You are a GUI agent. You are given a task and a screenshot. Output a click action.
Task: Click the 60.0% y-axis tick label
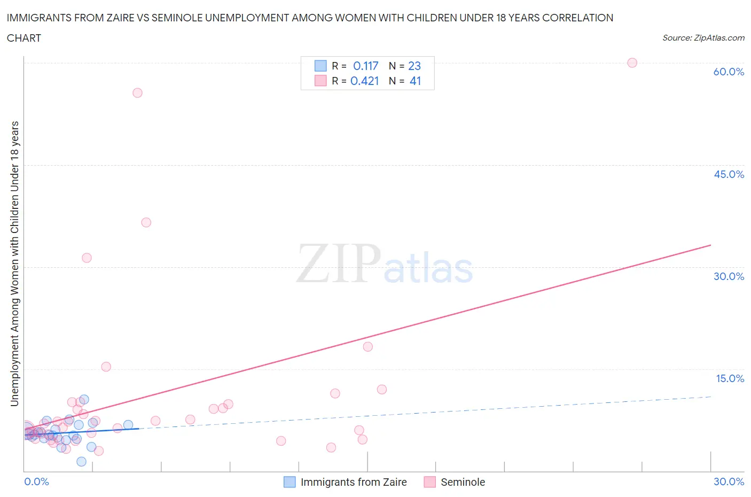click(x=729, y=72)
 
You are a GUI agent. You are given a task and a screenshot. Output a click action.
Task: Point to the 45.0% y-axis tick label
click(x=729, y=174)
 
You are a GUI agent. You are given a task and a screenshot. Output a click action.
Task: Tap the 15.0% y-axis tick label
click(x=730, y=378)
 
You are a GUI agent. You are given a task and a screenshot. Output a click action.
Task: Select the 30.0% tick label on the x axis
click(x=729, y=482)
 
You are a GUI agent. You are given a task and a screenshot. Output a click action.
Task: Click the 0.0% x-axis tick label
click(x=36, y=482)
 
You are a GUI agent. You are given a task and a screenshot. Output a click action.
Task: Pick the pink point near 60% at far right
click(x=632, y=63)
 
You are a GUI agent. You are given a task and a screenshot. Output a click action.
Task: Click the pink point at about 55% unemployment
click(x=137, y=93)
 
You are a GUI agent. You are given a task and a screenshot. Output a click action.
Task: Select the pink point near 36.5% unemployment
click(x=146, y=222)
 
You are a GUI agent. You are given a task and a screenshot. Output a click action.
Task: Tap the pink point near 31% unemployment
click(x=87, y=258)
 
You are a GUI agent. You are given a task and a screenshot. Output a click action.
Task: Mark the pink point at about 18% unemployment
click(x=367, y=346)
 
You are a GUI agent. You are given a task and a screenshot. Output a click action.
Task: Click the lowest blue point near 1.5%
click(x=81, y=462)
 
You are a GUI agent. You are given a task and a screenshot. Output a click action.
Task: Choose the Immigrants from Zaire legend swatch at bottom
click(x=289, y=482)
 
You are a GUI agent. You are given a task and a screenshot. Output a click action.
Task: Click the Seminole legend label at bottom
click(x=463, y=482)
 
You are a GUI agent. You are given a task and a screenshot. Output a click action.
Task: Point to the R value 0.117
click(x=365, y=66)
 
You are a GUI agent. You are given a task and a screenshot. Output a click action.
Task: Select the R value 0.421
click(x=364, y=81)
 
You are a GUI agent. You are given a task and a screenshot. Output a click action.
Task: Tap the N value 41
click(x=415, y=81)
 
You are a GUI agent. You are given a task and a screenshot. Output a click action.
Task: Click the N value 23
click(x=414, y=66)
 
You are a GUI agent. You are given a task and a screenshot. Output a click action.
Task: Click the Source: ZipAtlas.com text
click(x=703, y=37)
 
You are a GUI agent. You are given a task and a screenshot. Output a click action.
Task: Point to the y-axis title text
click(x=14, y=263)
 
